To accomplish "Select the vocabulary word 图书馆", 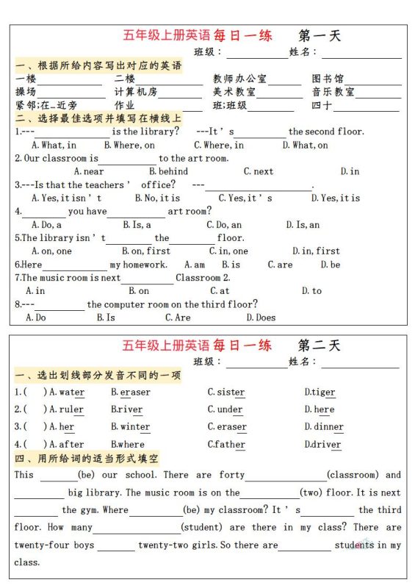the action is pyautogui.click(x=328, y=79).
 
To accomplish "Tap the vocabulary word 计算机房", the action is pyautogui.click(x=136, y=92).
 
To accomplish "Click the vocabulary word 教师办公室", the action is pyautogui.click(x=239, y=79).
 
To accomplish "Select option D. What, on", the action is pyautogui.click(x=309, y=145).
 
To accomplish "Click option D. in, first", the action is pyautogui.click(x=316, y=251).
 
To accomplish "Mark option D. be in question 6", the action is pyautogui.click(x=330, y=265).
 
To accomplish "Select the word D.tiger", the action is pyautogui.click(x=320, y=392).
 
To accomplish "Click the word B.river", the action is pyautogui.click(x=126, y=409).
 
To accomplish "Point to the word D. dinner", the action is pyautogui.click(x=323, y=427).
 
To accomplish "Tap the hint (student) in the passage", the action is pyautogui.click(x=202, y=528).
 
